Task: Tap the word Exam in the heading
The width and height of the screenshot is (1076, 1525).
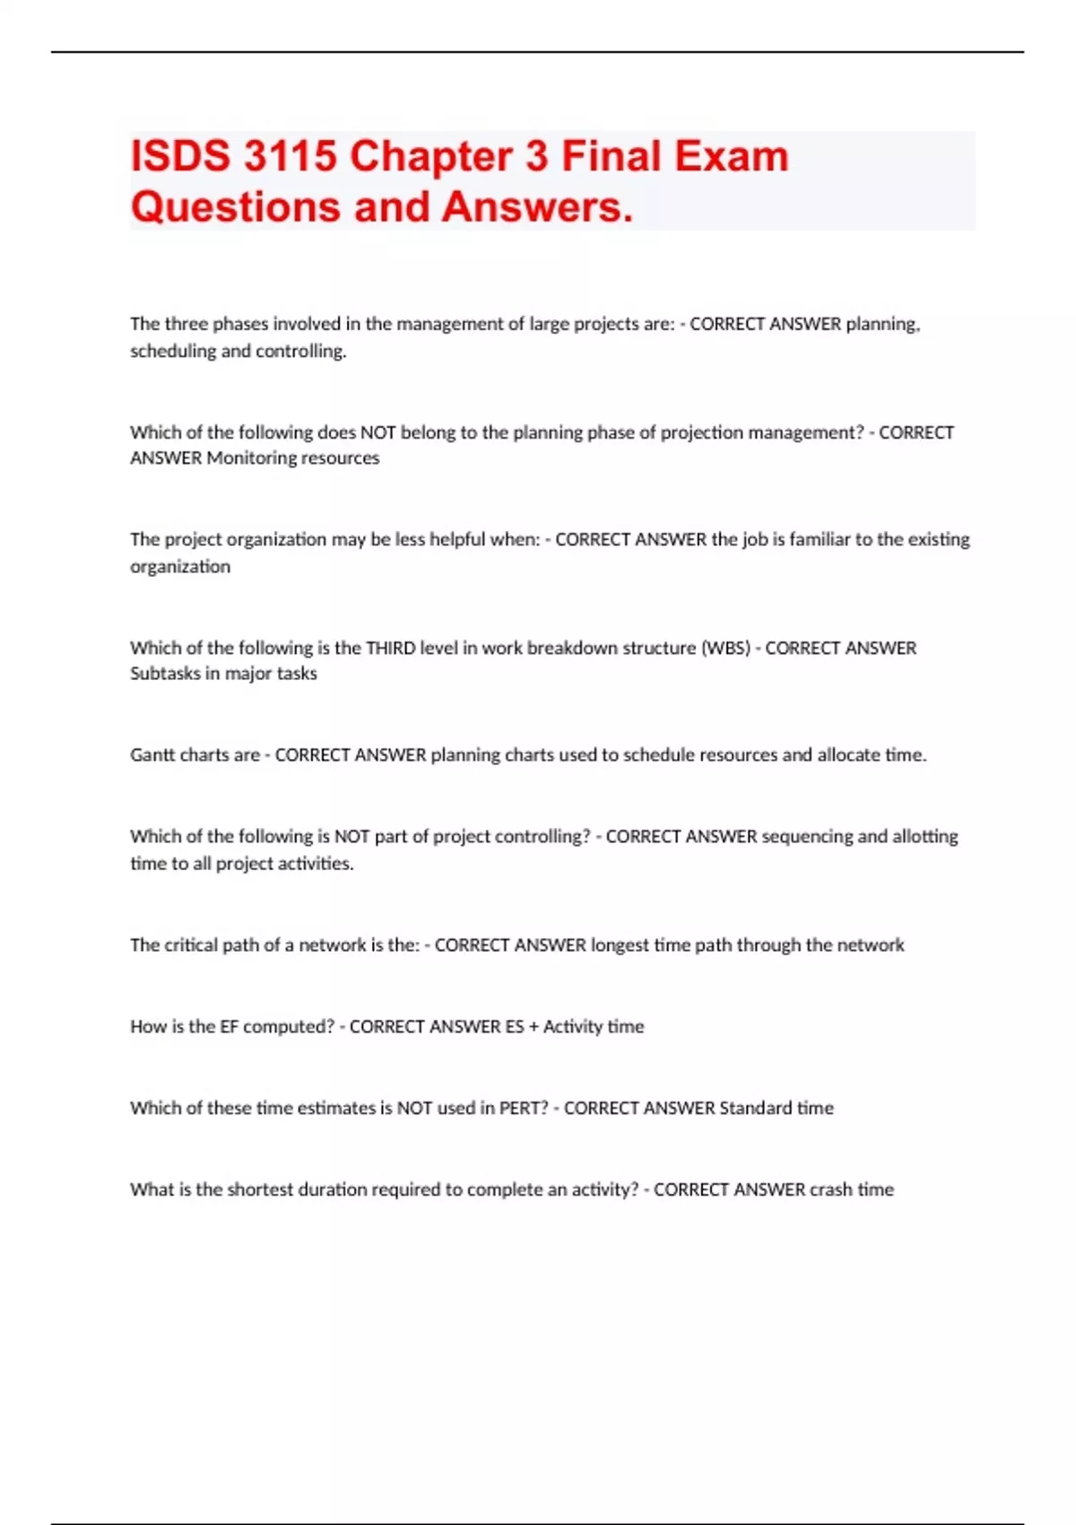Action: (x=731, y=156)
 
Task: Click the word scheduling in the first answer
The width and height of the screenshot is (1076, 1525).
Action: (x=173, y=351)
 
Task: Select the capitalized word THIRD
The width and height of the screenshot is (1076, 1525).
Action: (x=390, y=648)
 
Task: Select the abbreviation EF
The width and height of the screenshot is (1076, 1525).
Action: (x=229, y=1026)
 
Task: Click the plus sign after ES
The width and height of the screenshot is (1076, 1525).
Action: (x=534, y=1026)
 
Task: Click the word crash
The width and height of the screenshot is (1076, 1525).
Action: (x=830, y=1189)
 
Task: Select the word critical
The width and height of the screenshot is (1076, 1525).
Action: (x=192, y=945)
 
